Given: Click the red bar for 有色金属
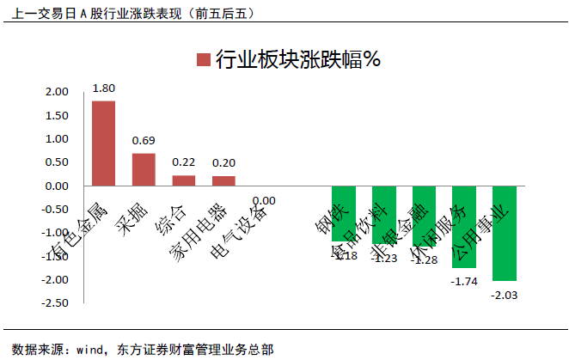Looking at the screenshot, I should [x=103, y=143].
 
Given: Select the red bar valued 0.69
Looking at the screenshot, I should [x=144, y=169].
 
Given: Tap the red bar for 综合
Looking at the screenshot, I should [x=184, y=180].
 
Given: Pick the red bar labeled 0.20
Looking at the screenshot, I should [x=223, y=180].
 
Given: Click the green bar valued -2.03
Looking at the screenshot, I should [x=505, y=233].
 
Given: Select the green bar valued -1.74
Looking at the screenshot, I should [x=464, y=226].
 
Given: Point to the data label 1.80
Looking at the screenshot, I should [x=104, y=88].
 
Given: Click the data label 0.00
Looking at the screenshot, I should [x=264, y=200].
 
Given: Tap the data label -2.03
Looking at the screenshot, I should [x=505, y=295].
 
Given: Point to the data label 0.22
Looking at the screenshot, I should [x=184, y=162].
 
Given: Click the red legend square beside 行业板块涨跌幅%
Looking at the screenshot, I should [x=203, y=59].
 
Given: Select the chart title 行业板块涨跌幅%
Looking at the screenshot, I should [x=297, y=59].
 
